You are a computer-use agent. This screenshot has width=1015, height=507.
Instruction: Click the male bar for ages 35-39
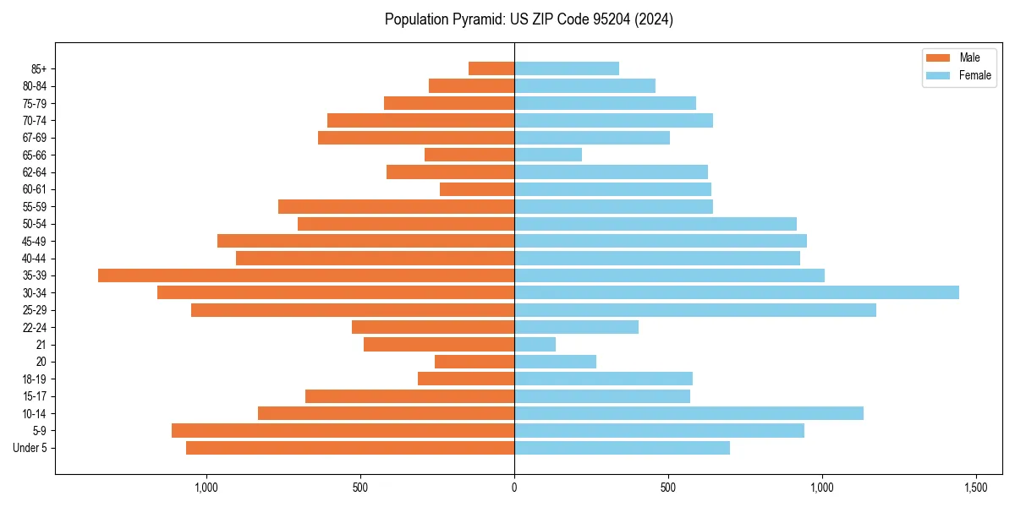[x=306, y=275]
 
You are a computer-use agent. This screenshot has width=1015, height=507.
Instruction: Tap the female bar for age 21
[x=535, y=345]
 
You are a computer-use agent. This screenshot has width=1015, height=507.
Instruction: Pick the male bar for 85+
[x=491, y=68]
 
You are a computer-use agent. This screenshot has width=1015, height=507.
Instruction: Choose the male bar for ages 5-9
[x=343, y=431]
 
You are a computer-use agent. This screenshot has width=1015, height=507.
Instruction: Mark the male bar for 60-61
[x=477, y=189]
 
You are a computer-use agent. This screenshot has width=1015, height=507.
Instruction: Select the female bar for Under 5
[x=622, y=448]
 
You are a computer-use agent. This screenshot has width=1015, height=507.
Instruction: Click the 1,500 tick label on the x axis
[x=976, y=488]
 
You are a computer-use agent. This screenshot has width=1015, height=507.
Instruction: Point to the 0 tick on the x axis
[x=514, y=488]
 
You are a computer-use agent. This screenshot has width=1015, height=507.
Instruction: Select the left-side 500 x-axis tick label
[x=360, y=488]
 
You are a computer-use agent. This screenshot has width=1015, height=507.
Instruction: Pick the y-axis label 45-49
[x=35, y=241]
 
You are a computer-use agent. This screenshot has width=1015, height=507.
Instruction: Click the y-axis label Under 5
[x=30, y=448]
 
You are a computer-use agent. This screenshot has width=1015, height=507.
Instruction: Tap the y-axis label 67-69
[x=35, y=138]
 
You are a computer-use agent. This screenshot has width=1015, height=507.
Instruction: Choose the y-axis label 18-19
[x=35, y=379]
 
